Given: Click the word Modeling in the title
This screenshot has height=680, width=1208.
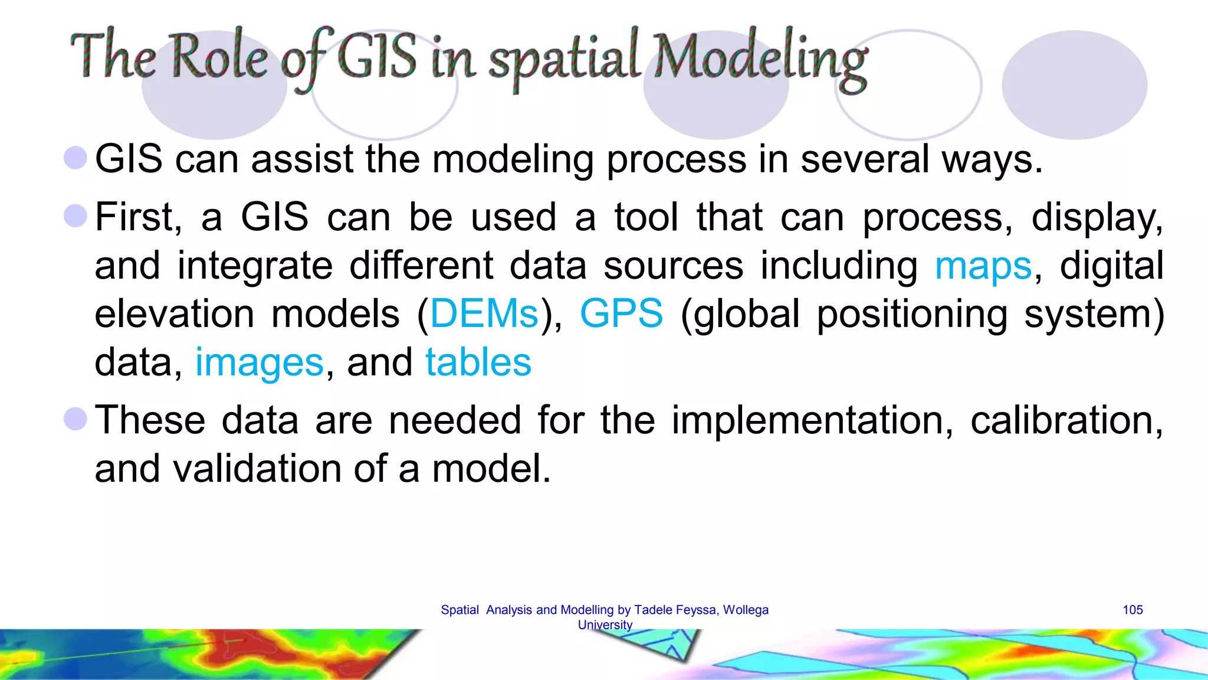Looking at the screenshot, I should click(761, 59).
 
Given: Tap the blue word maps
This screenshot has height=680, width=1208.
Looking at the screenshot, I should click(983, 266).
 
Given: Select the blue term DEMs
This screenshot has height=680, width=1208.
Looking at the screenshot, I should click(484, 313).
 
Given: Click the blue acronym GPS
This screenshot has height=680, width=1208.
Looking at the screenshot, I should click(621, 313).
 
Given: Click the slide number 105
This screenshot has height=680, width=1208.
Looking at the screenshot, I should click(1132, 610).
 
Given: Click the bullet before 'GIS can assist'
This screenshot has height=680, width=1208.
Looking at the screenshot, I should click(75, 158).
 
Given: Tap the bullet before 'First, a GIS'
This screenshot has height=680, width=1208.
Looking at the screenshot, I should click(75, 215).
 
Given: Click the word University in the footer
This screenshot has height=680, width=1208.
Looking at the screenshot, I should click(605, 625).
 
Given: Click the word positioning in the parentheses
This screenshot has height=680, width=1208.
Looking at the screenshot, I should click(912, 313).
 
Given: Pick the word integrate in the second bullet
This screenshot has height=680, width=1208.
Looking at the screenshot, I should click(255, 266).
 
